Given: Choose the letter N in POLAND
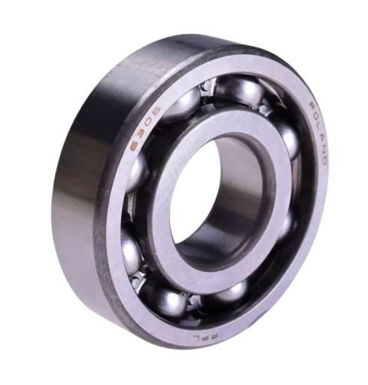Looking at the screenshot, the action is tap(323, 148).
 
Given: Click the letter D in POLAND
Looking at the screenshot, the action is tap(323, 160).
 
